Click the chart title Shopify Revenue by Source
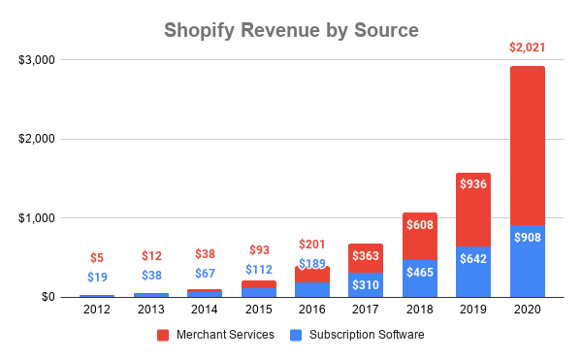[x=291, y=30]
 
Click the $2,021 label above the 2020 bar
[x=527, y=47]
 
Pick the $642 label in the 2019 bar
[x=473, y=259]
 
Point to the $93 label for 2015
[x=258, y=249]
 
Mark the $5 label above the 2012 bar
[x=96, y=258]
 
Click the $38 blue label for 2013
[x=150, y=275]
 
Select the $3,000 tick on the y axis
[x=39, y=60]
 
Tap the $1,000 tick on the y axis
[x=39, y=218]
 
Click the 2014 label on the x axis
[x=204, y=310]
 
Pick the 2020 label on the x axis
[x=527, y=310]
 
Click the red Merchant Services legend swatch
[x=164, y=335]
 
